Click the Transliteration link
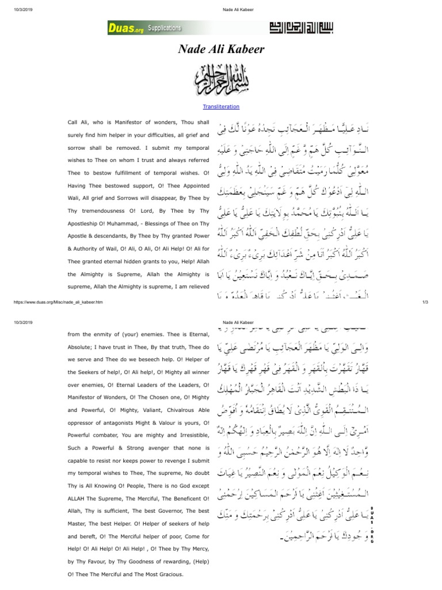(x=221, y=107)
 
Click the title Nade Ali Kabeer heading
(x=221, y=50)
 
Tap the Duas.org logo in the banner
(x=125, y=28)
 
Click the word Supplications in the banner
(x=163, y=28)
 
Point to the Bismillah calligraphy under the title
(x=221, y=80)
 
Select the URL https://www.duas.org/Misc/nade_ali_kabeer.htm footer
(x=57, y=302)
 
